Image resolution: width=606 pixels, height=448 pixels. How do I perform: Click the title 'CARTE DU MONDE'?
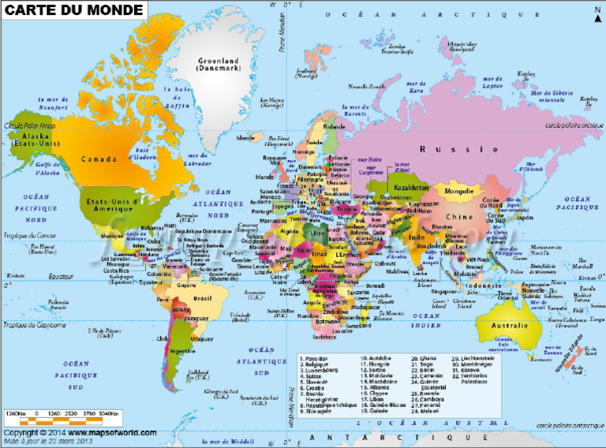click(74, 10)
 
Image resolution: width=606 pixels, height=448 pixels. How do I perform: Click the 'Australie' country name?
click(510, 326)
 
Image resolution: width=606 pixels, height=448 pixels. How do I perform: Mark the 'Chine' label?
click(455, 217)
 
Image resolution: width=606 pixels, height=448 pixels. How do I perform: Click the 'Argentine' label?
click(183, 350)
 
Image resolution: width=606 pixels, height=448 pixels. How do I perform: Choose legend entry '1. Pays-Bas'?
click(317, 357)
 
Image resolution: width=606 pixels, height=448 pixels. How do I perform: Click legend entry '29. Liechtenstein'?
click(475, 357)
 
